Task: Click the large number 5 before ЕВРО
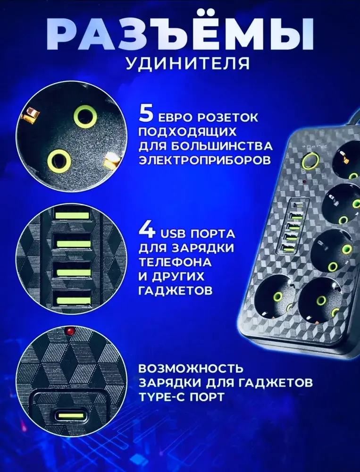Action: pos(146,114)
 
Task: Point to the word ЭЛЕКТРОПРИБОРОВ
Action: pos(205,160)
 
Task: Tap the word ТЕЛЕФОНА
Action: pos(175,262)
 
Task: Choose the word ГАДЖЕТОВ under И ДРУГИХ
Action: pos(176,290)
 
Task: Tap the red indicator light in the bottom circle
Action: pos(70,331)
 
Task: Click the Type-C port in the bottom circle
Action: pos(70,416)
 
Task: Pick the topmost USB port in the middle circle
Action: pos(72,215)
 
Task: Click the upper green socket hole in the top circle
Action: pos(85,117)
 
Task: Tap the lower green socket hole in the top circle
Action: pos(59,161)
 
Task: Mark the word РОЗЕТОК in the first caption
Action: pos(227,118)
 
